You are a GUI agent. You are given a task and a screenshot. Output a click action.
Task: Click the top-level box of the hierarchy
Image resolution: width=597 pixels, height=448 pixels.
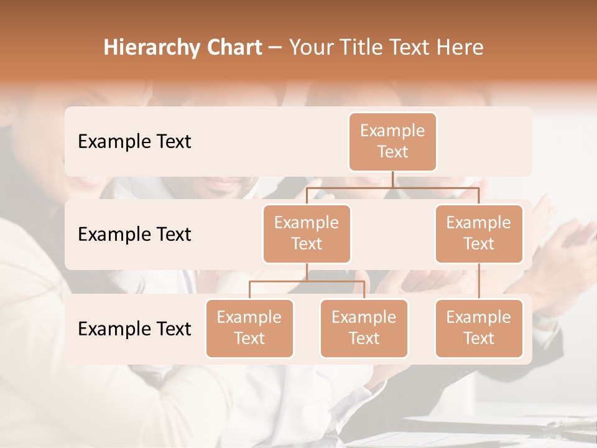[x=392, y=142]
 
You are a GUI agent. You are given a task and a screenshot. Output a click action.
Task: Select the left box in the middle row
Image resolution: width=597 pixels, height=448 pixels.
[x=307, y=234]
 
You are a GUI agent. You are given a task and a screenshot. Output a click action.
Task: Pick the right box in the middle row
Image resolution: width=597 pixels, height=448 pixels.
[x=479, y=234]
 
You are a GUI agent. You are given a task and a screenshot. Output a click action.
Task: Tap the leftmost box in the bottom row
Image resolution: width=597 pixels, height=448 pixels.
[x=249, y=329]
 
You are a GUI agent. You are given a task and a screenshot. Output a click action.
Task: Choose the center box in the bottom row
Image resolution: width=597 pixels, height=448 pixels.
[x=364, y=329]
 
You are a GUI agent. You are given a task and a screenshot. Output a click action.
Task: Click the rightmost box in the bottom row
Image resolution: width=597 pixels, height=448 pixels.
[x=479, y=329]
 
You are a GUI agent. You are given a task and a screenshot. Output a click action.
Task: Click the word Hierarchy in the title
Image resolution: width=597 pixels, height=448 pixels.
[x=151, y=48]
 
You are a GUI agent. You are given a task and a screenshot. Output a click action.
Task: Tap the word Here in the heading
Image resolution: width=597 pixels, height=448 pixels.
[x=460, y=48]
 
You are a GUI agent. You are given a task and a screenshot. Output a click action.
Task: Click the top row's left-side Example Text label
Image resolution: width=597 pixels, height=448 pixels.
[x=134, y=142]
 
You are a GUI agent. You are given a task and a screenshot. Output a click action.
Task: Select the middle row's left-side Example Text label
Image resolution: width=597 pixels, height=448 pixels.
[x=134, y=235]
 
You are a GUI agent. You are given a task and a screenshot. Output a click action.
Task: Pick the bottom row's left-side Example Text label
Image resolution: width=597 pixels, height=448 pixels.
[x=134, y=329]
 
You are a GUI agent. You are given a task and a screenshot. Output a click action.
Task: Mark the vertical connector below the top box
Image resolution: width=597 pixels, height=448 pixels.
[x=392, y=179]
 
